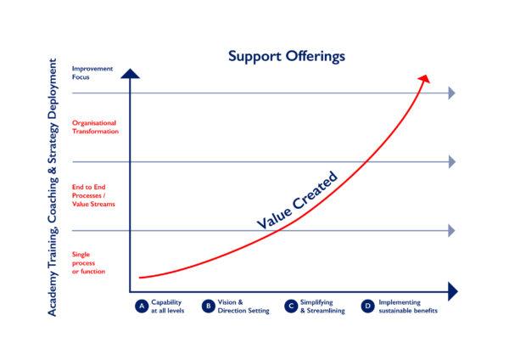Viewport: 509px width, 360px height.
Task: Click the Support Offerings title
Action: [x=287, y=56]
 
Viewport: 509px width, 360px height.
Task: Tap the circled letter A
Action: [x=142, y=306]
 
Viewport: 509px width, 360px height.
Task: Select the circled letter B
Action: [x=209, y=306]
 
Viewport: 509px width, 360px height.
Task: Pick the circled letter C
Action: [x=291, y=306]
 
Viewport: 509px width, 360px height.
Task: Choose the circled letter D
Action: [x=367, y=306]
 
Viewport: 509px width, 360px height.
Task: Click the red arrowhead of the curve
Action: [x=424, y=79]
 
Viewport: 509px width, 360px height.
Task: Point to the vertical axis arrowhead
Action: [x=130, y=73]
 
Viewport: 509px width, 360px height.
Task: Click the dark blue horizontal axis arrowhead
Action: [x=453, y=291]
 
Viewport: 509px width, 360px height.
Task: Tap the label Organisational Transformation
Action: [x=95, y=127]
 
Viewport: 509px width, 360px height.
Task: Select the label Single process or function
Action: [x=88, y=263]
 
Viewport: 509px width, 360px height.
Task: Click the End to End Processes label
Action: [x=93, y=195]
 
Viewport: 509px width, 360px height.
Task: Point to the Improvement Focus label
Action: [x=92, y=73]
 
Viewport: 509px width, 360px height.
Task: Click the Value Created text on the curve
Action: [x=297, y=200]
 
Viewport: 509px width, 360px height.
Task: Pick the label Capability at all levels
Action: [x=167, y=307]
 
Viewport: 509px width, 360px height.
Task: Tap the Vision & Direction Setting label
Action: [x=243, y=307]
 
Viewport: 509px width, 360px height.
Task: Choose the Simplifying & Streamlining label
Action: [x=322, y=307]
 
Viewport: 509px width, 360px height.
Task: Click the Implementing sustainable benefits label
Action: [x=408, y=307]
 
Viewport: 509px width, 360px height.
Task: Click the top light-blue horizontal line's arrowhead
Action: [x=451, y=93]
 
